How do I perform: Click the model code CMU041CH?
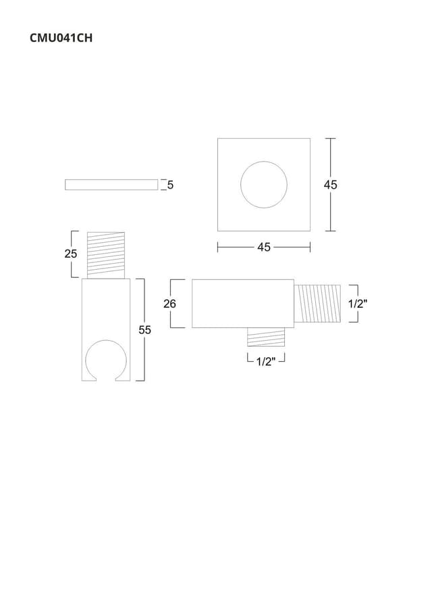61,38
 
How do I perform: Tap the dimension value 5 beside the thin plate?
170,185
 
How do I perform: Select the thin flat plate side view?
111,185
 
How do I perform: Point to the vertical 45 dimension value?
330,185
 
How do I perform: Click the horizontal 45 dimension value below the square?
264,247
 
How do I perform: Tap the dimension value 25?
71,254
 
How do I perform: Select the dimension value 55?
145,330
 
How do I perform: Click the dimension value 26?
170,303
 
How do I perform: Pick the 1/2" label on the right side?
358,303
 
